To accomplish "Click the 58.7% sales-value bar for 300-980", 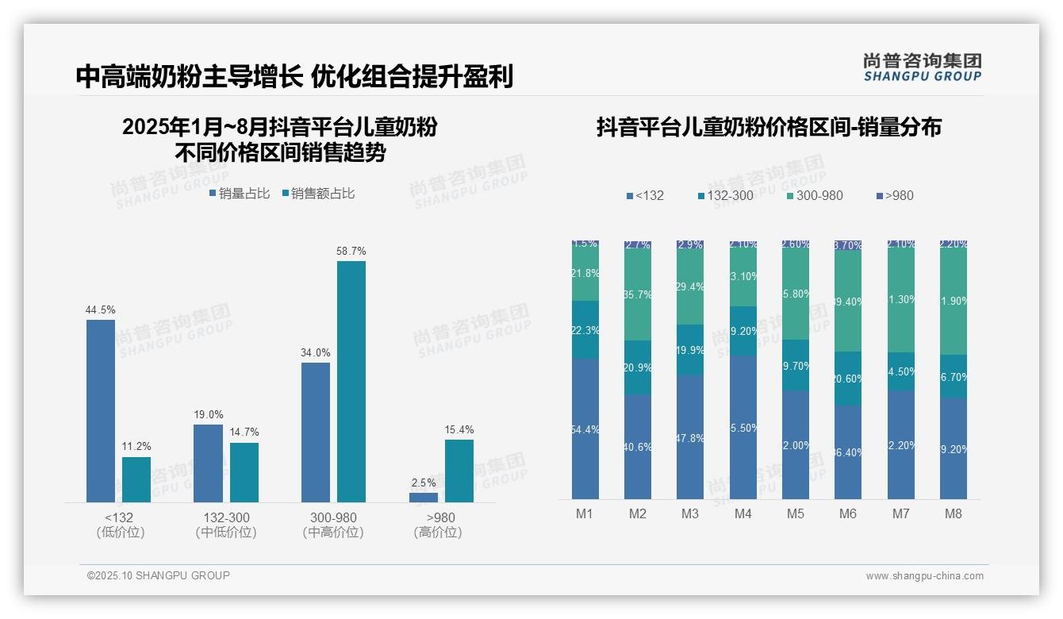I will point(351,381).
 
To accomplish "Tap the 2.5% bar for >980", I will point(424,498).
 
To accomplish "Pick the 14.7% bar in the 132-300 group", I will point(244,472).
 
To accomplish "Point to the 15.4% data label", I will point(459,430).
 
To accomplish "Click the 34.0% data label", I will point(316,353).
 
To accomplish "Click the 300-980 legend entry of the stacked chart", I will point(815,196).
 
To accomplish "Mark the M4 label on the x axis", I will point(743,514).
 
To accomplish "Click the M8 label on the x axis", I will point(954,514).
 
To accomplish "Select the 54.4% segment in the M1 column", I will point(585,429).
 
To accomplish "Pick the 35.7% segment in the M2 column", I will point(638,295).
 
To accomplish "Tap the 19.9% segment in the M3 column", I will point(690,350).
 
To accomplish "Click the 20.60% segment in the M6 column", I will point(848,379).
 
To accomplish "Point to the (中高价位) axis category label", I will point(333,533).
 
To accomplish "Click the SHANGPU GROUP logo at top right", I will point(923,67).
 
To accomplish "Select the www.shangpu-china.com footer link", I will point(924,576).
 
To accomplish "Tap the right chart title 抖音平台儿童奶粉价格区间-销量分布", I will point(769,128).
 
